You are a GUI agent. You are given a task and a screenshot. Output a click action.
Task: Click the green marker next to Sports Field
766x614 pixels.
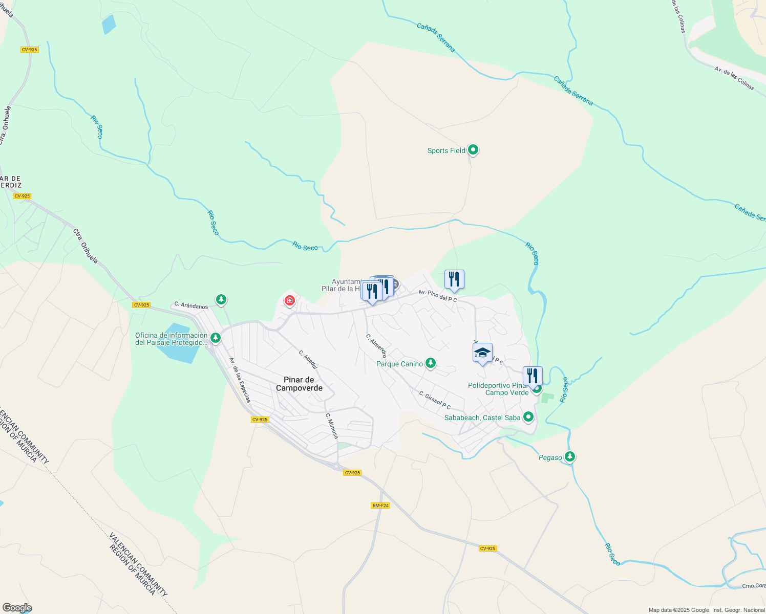pos(474,150)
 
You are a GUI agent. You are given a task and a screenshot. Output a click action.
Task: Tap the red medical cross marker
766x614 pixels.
pos(290,300)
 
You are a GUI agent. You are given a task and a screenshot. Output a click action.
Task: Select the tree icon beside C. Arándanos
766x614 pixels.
pos(221,299)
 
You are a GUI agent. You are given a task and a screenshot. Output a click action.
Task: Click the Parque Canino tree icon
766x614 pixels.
pos(431,363)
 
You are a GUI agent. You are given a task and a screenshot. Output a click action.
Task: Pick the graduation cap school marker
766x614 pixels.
pos(482,353)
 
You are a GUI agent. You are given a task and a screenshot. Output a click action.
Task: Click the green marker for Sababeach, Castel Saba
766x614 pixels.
pos(528,417)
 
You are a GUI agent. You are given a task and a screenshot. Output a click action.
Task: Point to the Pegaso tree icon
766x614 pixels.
pos(570,456)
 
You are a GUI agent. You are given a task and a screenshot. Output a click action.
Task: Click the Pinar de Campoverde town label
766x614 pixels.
pos(300,384)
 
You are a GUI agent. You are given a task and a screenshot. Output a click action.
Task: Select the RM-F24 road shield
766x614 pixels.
pos(380,506)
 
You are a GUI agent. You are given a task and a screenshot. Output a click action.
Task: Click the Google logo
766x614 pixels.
pos(17,608)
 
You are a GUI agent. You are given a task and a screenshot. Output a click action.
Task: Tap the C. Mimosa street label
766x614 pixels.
pos(332,426)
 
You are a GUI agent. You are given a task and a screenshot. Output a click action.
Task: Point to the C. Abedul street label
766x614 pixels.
pos(308,359)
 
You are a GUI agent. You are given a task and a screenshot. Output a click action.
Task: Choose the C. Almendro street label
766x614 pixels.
pos(376,346)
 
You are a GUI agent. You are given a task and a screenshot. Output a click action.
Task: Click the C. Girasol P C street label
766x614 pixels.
pos(435,401)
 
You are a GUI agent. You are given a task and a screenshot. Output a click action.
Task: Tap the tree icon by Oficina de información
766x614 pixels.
pos(216,338)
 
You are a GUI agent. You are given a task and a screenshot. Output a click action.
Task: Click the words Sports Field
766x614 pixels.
pos(446,150)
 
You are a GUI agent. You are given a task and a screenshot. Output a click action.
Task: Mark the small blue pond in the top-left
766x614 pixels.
pos(109,24)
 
